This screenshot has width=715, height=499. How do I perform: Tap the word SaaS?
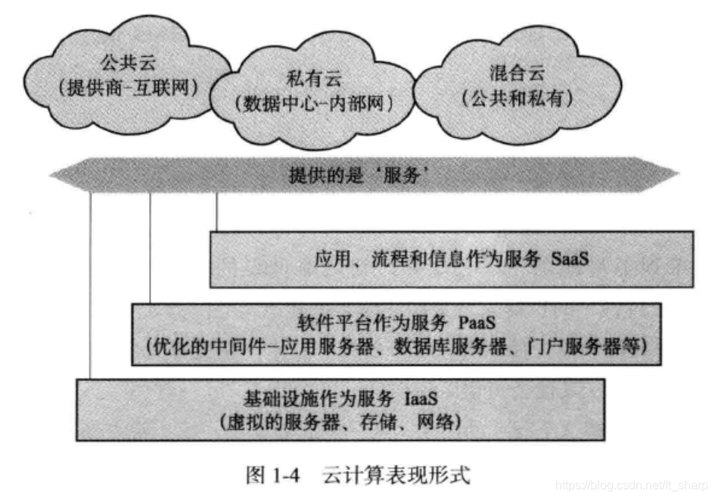(567, 259)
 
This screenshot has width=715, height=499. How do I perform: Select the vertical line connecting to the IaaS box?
(91, 288)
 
